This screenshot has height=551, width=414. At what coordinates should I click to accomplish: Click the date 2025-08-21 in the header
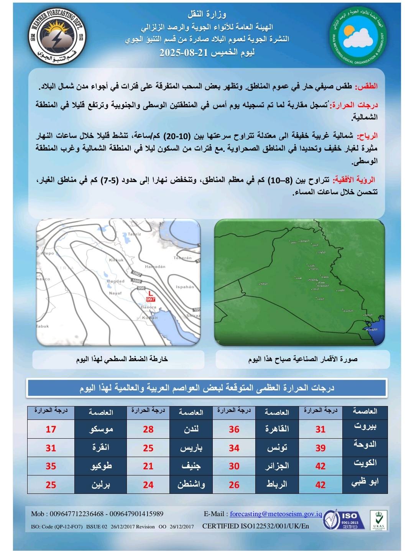[183, 53]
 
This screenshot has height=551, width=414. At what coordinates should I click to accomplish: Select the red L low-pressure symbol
[150, 293]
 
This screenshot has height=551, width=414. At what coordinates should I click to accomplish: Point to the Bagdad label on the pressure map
[115, 281]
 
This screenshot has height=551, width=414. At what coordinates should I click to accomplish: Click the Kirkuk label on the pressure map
[116, 260]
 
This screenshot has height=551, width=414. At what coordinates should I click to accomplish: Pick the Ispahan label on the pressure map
[185, 287]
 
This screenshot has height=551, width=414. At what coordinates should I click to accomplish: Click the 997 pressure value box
[151, 299]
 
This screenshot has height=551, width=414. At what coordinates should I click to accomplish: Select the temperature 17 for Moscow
[51, 429]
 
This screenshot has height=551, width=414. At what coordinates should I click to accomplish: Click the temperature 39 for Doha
[320, 448]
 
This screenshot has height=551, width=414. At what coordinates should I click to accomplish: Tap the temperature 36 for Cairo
[234, 429]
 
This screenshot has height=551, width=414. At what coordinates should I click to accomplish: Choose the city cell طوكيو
[101, 466]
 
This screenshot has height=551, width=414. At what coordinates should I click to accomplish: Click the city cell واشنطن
[191, 485]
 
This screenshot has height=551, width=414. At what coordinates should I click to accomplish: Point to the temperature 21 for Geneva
[148, 466]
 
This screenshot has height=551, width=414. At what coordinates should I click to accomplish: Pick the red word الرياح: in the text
[367, 136]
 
